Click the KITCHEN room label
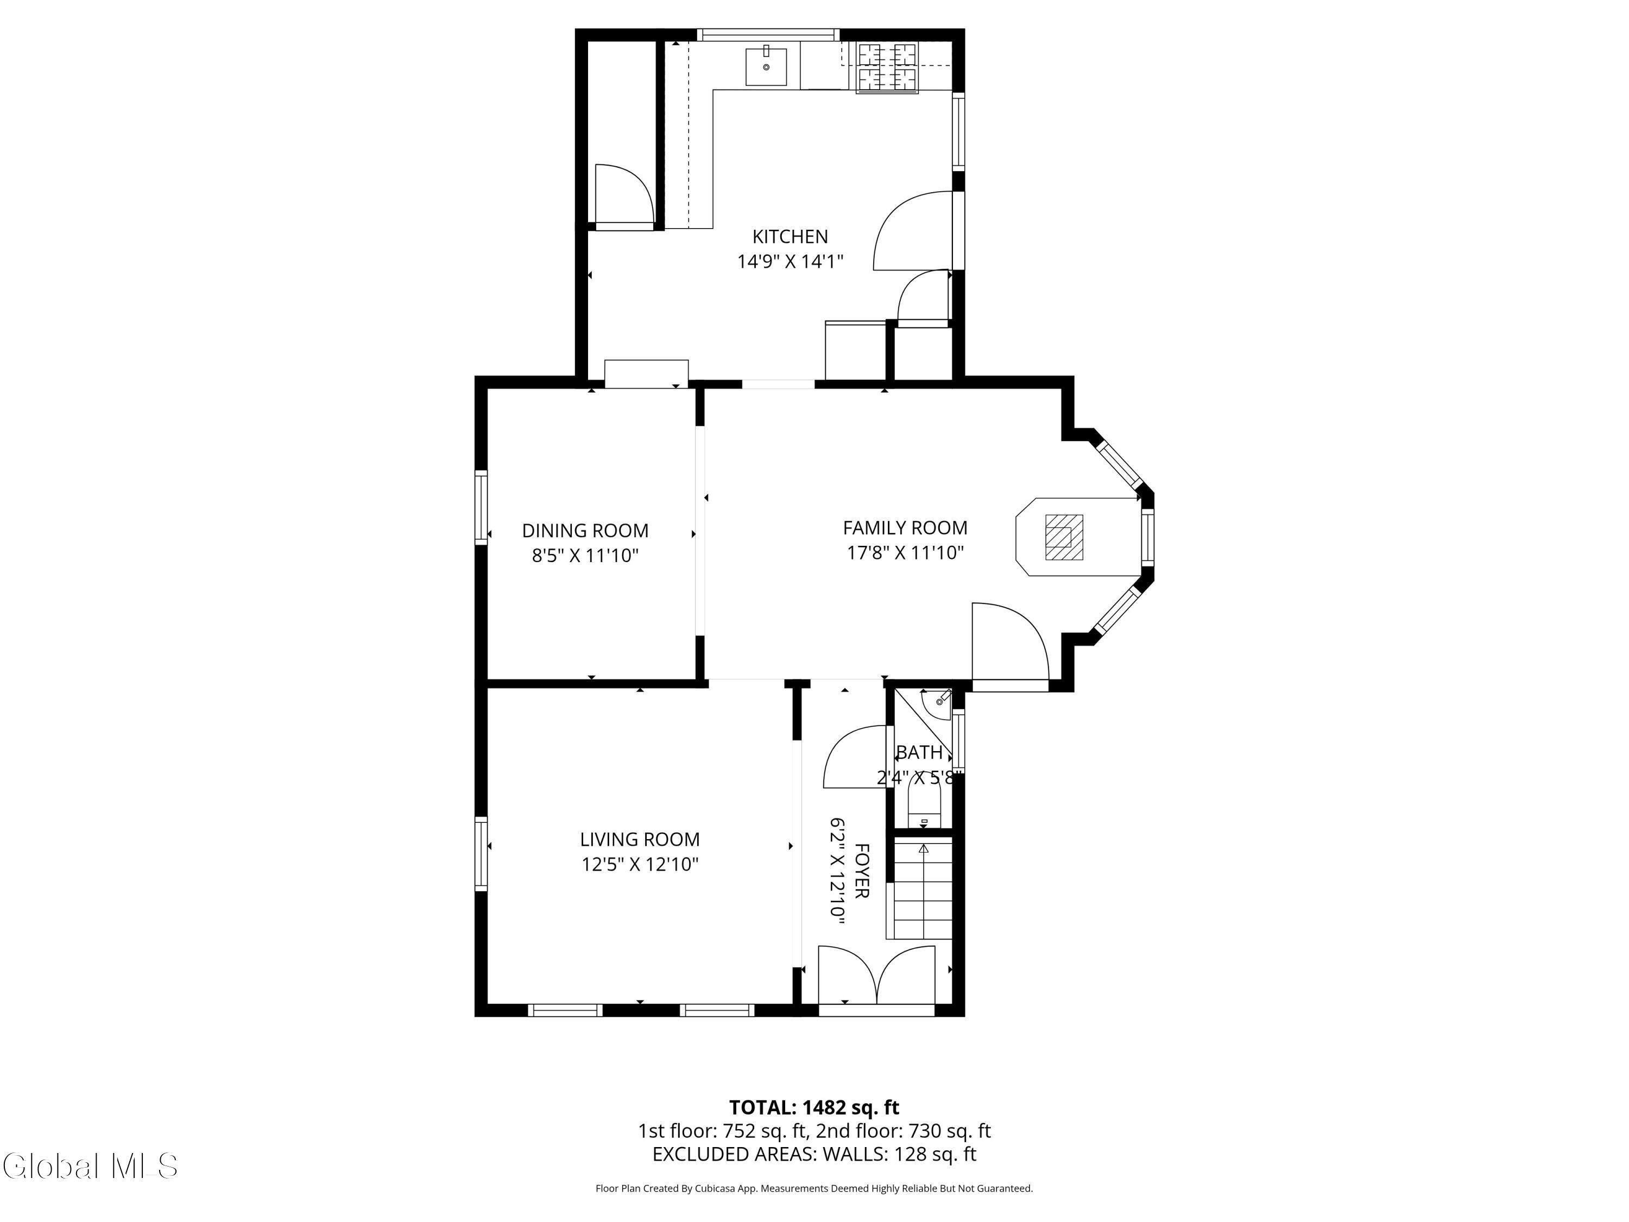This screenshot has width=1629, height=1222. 790,236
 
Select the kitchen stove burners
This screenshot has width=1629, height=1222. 887,68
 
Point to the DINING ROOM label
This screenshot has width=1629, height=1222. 585,530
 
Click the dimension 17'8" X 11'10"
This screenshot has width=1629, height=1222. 905,552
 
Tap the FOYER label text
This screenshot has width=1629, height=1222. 861,871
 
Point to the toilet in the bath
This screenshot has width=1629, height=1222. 924,800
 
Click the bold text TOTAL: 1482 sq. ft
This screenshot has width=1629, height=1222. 814,1107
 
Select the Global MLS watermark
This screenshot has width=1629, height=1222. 90,1166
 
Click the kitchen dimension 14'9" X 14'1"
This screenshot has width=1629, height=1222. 790,261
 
